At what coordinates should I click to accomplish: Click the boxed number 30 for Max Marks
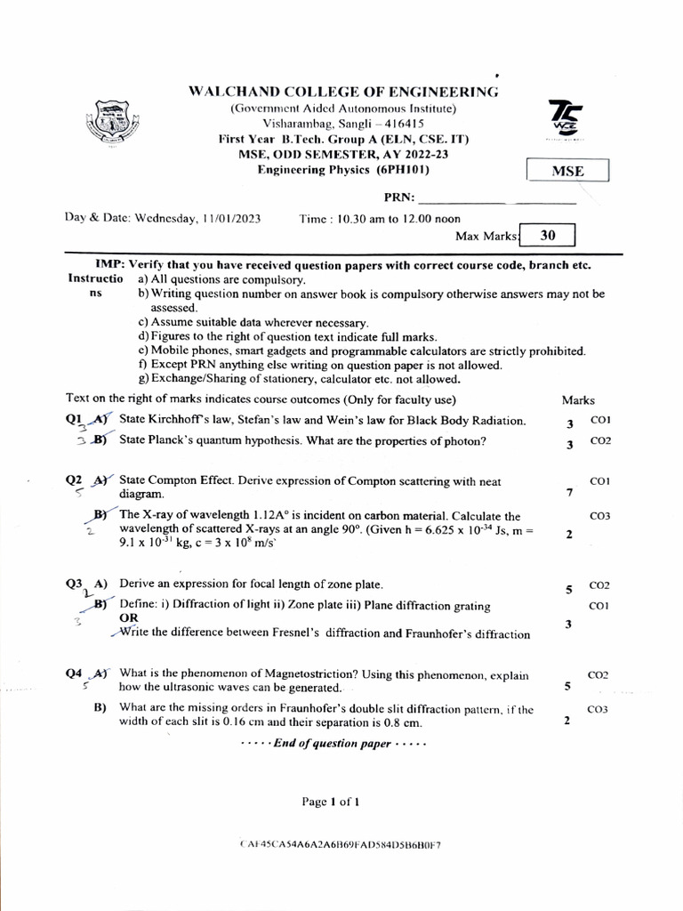coord(548,235)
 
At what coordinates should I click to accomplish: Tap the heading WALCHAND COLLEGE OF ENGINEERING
coord(343,92)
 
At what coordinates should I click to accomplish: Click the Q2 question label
coord(74,480)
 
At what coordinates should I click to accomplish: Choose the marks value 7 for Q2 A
coord(569,493)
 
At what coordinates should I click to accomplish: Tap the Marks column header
coord(578,400)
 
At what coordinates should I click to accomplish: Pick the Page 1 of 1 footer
coord(331,802)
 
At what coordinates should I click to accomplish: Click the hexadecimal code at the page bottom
coord(341,844)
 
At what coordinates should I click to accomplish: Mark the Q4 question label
coord(74,673)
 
